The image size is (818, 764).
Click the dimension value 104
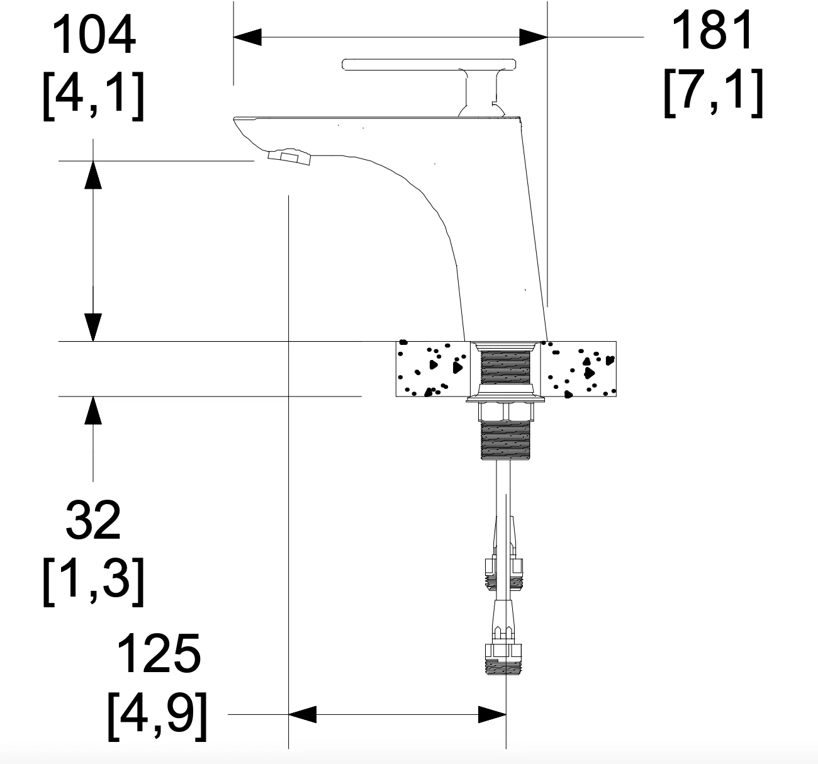tap(94, 34)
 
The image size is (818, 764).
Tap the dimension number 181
tap(712, 30)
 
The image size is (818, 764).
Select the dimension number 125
tap(159, 654)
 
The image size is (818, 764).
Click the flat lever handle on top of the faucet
tap(429, 65)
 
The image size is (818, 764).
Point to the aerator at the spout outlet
tap(289, 157)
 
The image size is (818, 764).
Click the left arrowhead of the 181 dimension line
tap(247, 37)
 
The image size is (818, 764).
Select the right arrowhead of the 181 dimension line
tap(534, 37)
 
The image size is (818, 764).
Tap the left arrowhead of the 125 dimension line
tap(302, 714)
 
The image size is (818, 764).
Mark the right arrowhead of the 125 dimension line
tap(492, 714)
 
